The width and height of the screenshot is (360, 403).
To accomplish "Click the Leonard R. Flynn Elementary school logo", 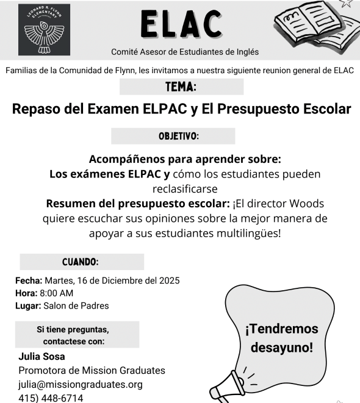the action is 45,31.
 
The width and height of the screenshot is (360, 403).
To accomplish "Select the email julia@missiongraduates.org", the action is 81,384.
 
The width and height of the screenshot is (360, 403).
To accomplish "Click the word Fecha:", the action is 28,280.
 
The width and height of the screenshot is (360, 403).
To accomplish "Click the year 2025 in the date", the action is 168,280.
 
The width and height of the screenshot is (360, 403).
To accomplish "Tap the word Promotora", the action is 45,370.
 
